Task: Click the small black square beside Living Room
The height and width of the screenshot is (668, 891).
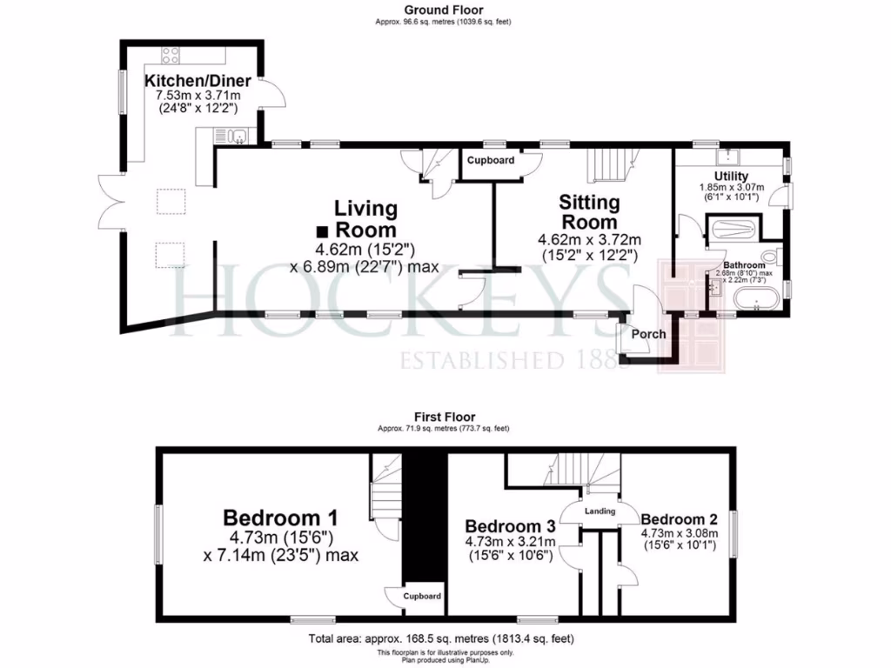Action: (322, 231)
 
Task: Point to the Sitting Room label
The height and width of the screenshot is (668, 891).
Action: (589, 212)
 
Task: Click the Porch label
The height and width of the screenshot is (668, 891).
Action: (648, 334)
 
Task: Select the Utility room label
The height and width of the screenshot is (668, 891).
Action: (732, 176)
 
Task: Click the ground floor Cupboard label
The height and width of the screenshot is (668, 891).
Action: (491, 161)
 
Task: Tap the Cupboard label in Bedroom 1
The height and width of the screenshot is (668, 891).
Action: (421, 597)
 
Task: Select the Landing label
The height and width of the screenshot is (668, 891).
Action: (600, 511)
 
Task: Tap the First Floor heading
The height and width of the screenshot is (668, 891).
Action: (445, 417)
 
